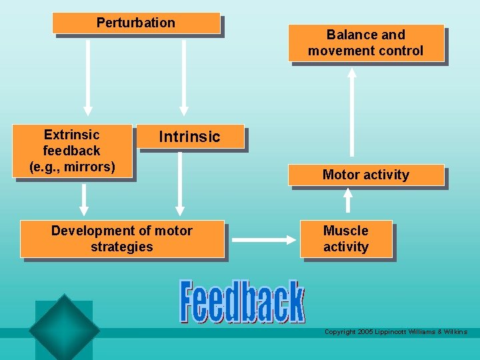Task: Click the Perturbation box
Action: pos(136,23)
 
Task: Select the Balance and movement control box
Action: pos(365,43)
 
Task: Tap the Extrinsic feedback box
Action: pos(71,151)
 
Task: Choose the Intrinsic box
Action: pos(189,137)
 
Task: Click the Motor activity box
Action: pos(365,175)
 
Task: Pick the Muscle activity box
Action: pos(345,239)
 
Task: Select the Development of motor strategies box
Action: pos(121,239)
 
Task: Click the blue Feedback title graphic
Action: pos(241,302)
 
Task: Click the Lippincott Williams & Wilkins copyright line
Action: pos(395,331)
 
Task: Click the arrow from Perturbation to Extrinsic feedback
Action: pos(87,73)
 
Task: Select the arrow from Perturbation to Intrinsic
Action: pos(184,73)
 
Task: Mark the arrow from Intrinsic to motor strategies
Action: pos(179,183)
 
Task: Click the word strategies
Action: pos(121,247)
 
